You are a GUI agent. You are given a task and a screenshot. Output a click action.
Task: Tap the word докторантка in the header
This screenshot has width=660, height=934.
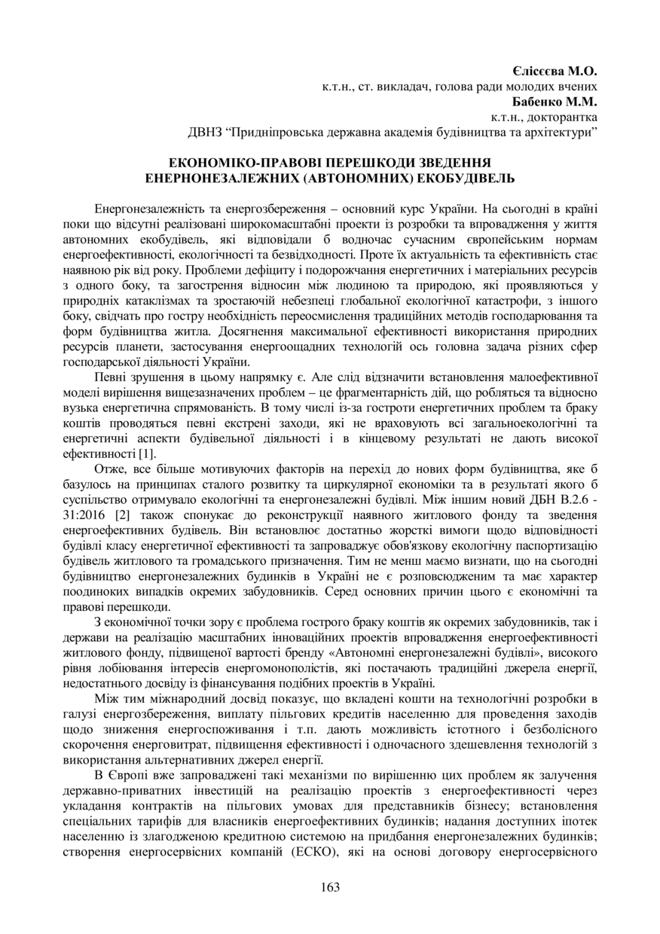point(563,118)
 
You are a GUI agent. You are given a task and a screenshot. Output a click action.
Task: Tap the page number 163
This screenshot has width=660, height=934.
point(330,887)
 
